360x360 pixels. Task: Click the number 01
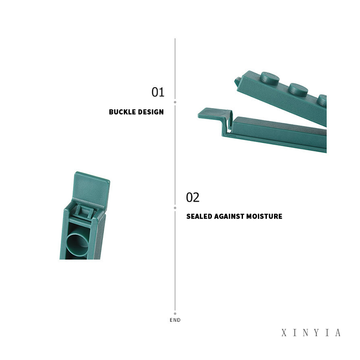(x=158, y=92)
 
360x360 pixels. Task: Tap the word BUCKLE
(x=122, y=112)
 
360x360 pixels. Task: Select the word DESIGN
(x=150, y=112)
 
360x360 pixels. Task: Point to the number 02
(x=193, y=198)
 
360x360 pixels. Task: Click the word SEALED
(x=199, y=216)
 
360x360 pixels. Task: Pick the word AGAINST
(x=229, y=216)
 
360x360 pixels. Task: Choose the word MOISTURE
(x=264, y=216)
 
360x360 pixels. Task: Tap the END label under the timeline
(x=175, y=320)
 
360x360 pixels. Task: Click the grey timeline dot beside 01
(x=175, y=102)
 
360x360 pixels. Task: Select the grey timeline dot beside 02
(x=175, y=208)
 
